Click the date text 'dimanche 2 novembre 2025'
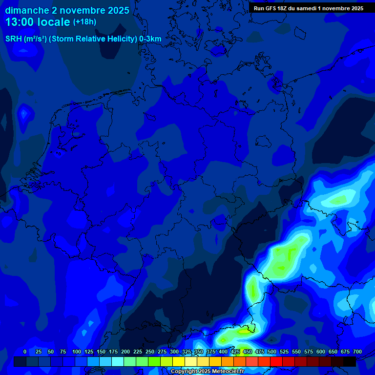[x=67, y=10]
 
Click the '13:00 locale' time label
[x=38, y=22]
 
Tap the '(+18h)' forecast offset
[x=84, y=22]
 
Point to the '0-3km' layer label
[x=150, y=39]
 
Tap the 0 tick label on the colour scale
[x=25, y=352]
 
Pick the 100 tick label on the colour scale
[x=77, y=352]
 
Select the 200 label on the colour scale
[x=125, y=352]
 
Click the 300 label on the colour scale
[x=174, y=352]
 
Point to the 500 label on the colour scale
[x=272, y=352]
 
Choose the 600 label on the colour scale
[x=321, y=352]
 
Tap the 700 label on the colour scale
[x=357, y=352]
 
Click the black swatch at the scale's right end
[x=350, y=361]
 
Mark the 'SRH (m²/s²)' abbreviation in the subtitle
[x=25, y=39]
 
